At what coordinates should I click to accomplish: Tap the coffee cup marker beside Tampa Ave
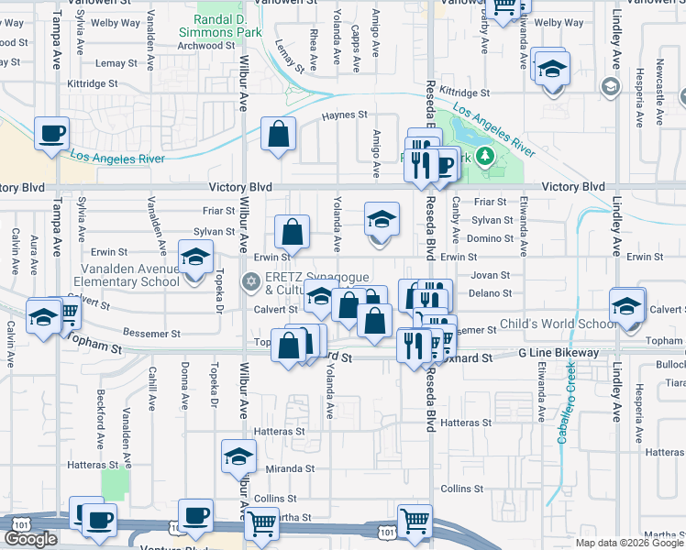[51, 133]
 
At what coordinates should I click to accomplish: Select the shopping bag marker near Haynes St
[278, 134]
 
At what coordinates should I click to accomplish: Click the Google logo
[31, 539]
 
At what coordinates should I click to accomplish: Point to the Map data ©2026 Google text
[629, 543]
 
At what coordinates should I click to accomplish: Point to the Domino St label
[493, 238]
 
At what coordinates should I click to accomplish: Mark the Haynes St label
[345, 115]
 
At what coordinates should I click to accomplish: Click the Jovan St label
[490, 275]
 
